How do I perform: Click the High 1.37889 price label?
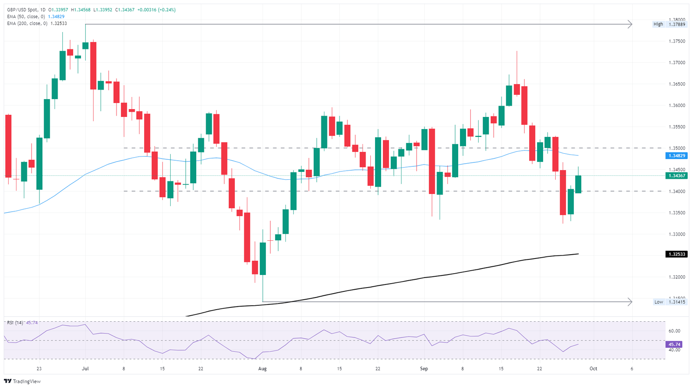click(670, 24)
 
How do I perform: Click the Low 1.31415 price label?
click(670, 302)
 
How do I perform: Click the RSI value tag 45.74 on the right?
click(674, 345)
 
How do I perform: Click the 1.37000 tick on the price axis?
click(677, 63)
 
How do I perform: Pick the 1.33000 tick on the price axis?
click(677, 234)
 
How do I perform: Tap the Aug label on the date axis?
click(262, 369)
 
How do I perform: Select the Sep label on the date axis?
click(424, 369)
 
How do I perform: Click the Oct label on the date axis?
click(593, 369)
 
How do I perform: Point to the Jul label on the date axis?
click(85, 369)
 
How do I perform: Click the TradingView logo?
click(23, 382)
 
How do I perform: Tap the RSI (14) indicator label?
click(15, 323)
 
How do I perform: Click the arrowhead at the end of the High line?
click(631, 24)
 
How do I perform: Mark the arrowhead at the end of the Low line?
click(631, 301)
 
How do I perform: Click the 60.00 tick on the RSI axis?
click(674, 331)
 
